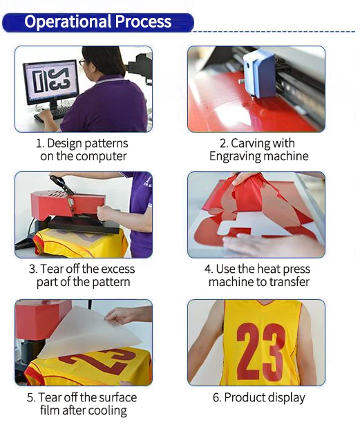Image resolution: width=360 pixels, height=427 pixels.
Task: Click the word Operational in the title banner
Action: [x=68, y=22]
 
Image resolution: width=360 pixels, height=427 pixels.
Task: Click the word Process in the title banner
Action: [x=143, y=21]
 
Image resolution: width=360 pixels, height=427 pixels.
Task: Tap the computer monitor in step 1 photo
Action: [x=51, y=82]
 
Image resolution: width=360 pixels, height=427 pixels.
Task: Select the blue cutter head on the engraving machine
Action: [x=259, y=74]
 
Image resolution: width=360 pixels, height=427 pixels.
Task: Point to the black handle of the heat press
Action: [x=61, y=184]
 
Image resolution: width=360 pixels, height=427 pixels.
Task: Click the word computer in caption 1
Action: [x=101, y=157]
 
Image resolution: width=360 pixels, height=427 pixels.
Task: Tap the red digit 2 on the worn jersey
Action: [x=249, y=352]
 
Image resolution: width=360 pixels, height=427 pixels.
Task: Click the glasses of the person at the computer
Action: [x=82, y=62]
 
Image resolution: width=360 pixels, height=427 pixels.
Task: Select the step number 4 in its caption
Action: [x=208, y=269]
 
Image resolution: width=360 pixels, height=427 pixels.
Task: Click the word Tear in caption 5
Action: [x=49, y=397]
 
